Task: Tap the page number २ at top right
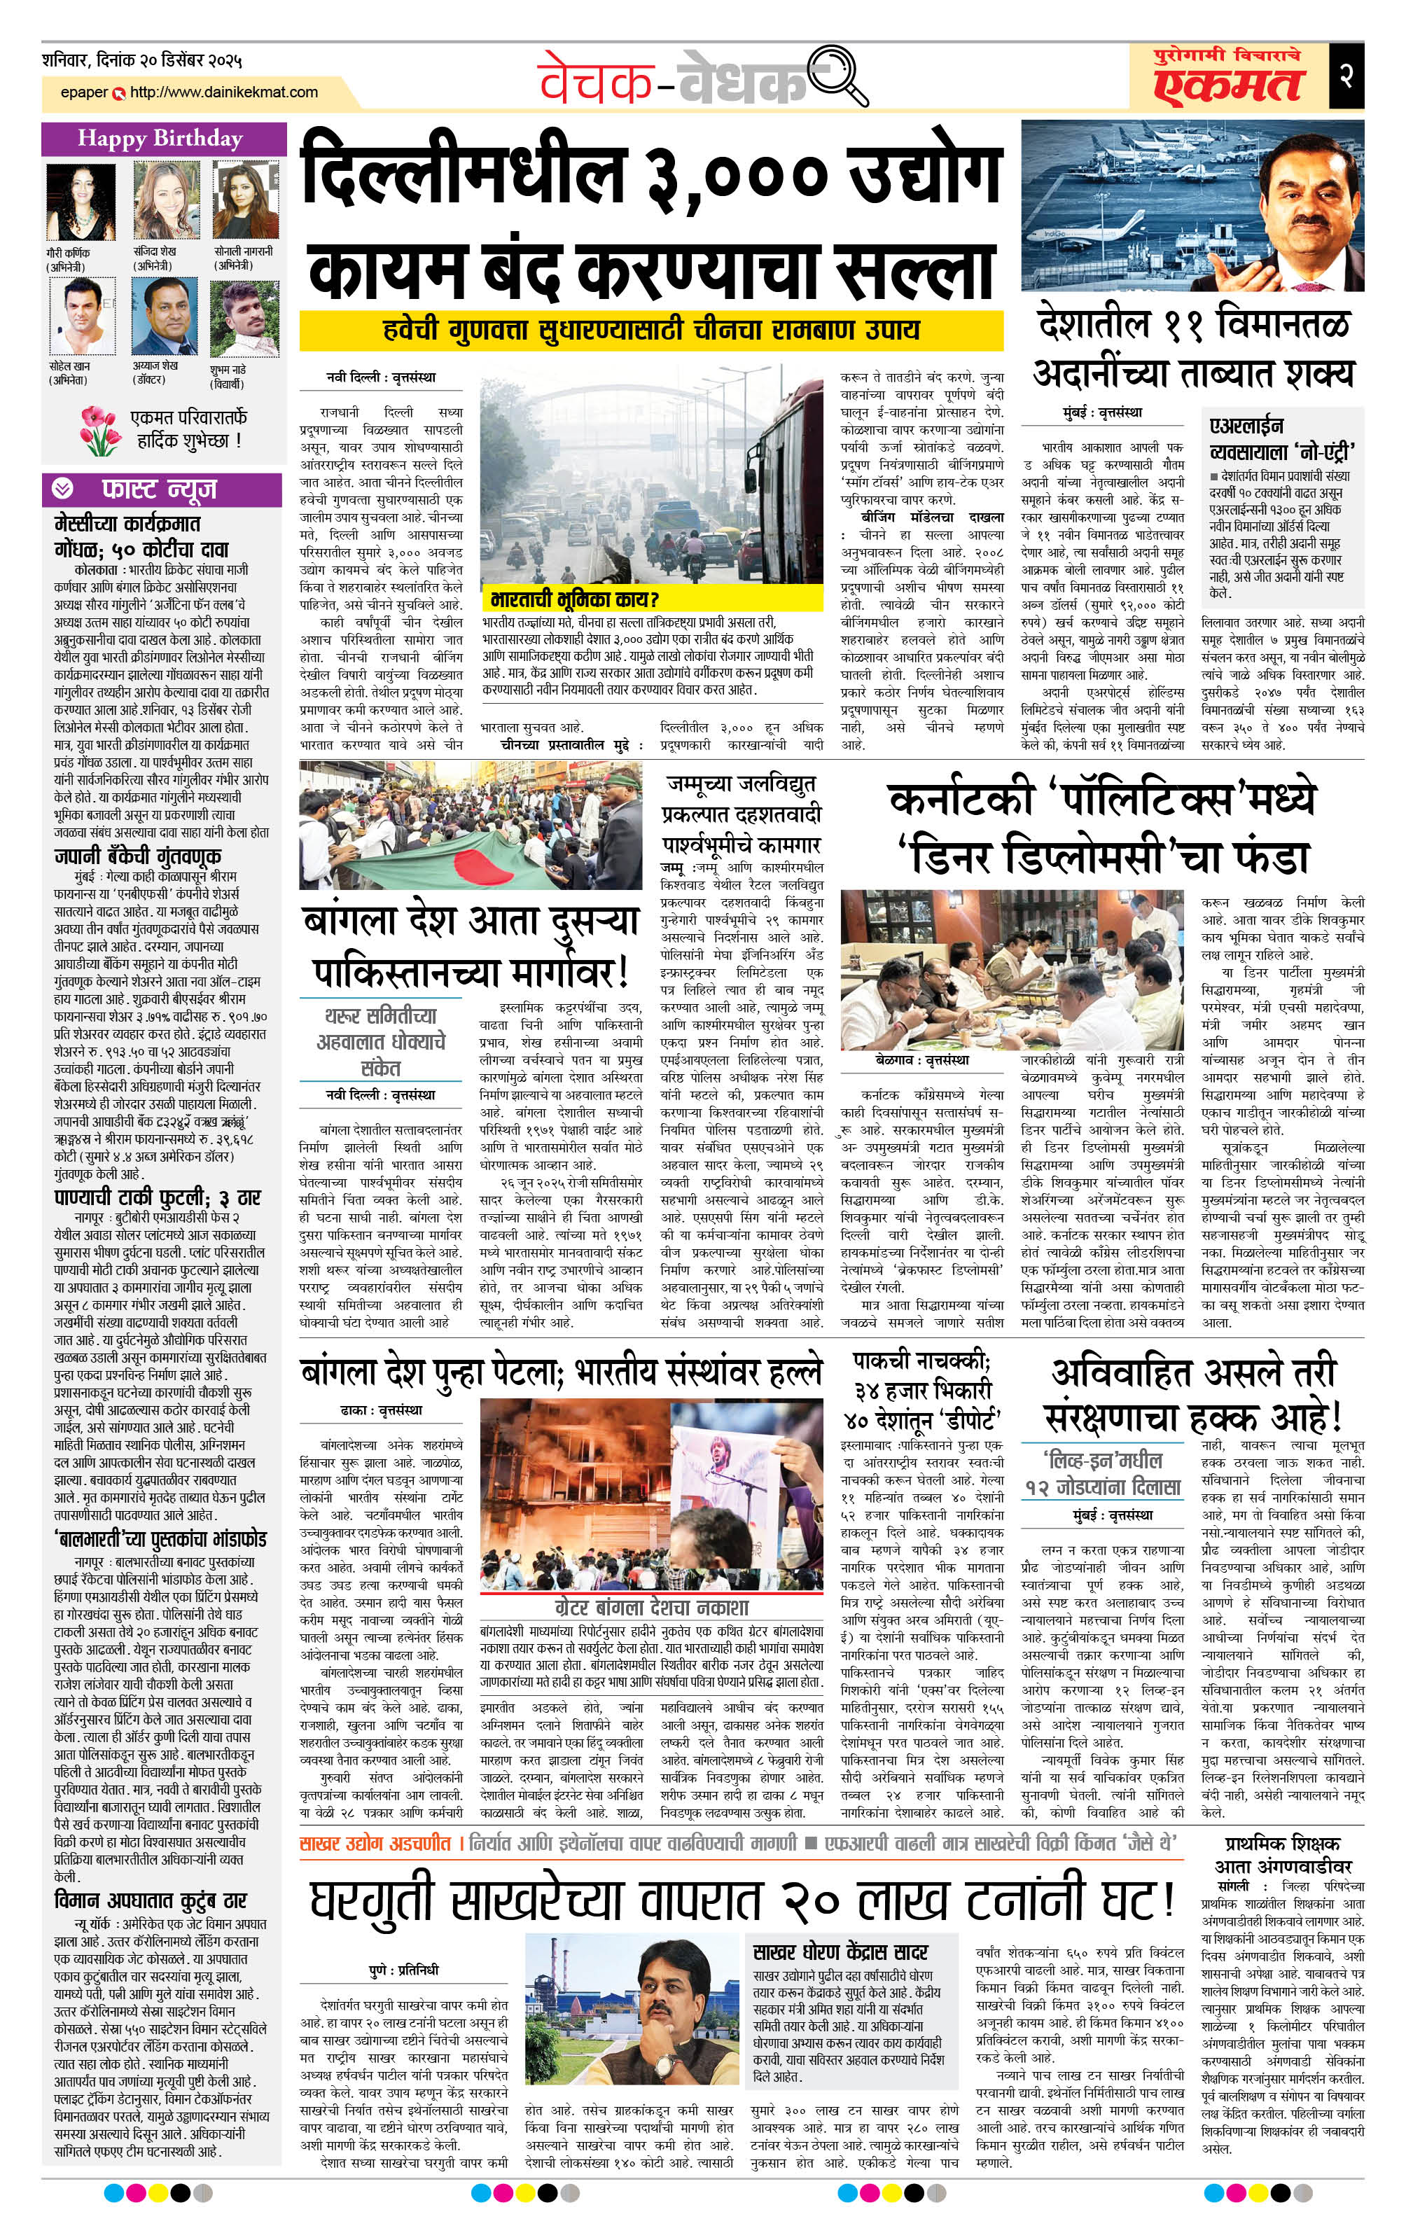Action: [1346, 75]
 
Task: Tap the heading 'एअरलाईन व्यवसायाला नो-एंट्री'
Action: [1282, 440]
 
